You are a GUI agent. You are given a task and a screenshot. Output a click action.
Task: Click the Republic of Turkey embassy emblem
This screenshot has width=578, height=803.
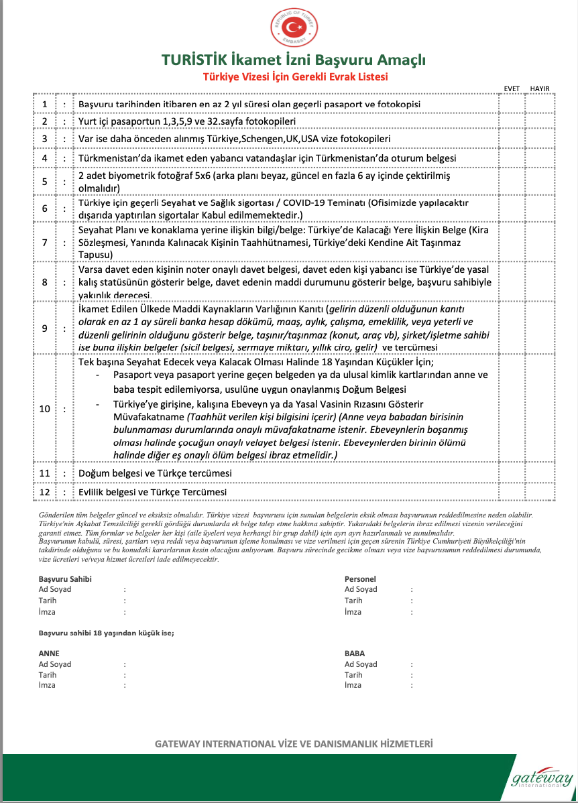(292, 27)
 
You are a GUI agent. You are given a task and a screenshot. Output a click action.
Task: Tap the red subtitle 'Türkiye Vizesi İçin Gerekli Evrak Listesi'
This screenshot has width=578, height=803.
(295, 77)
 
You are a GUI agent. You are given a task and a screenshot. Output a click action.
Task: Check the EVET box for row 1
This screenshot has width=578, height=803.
(512, 105)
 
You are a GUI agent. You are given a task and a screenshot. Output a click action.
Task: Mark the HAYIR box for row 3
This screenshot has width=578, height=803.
(540, 138)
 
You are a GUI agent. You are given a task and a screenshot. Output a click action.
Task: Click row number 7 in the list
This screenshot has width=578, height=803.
(45, 243)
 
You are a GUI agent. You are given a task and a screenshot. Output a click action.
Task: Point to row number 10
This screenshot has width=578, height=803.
(45, 408)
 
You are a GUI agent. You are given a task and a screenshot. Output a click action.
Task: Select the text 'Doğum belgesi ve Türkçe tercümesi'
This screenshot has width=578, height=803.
(155, 473)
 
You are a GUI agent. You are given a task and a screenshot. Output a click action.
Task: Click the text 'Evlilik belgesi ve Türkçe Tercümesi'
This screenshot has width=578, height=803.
(152, 492)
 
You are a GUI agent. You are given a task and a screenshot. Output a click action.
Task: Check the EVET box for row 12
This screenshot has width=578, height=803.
(512, 492)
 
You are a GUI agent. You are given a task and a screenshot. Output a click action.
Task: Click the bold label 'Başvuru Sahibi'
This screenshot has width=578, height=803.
(65, 578)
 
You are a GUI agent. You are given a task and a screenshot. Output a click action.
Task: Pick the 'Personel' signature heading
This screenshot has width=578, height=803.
(360, 578)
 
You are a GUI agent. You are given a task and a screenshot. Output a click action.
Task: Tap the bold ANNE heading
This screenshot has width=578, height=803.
(49, 653)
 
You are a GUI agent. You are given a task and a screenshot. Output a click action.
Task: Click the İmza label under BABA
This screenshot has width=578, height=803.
(353, 685)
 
